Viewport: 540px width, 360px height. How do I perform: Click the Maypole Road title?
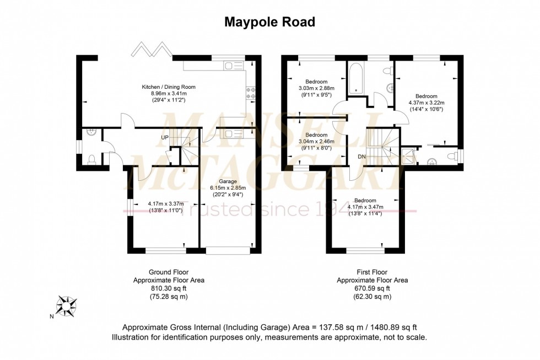[x=269, y=22]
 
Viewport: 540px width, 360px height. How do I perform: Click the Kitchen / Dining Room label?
[x=169, y=87]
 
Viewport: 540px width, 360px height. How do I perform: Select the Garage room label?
[x=228, y=181]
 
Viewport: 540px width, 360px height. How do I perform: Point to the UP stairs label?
[x=165, y=137]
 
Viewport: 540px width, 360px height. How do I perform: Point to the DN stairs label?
[x=361, y=157]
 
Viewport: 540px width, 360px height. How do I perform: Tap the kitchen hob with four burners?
[x=250, y=93]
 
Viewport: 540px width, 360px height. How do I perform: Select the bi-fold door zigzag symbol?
[x=152, y=49]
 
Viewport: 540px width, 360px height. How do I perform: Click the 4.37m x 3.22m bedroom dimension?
[x=426, y=103]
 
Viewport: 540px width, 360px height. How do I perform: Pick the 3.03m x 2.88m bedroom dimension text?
[x=316, y=88]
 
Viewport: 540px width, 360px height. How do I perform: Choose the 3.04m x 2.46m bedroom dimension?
[x=316, y=141]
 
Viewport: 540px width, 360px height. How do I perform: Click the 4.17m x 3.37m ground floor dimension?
[x=166, y=203]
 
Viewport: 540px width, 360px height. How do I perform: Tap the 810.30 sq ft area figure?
[x=169, y=288]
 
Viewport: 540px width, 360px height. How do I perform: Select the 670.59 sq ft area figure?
[x=372, y=288]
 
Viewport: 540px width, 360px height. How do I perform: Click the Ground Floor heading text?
[x=169, y=272]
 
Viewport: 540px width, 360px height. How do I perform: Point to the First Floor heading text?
[x=372, y=272]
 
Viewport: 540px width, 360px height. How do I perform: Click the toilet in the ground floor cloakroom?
[x=91, y=160]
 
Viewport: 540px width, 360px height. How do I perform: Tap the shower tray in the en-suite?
[x=407, y=157]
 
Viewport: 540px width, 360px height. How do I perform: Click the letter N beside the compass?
[x=52, y=316]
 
